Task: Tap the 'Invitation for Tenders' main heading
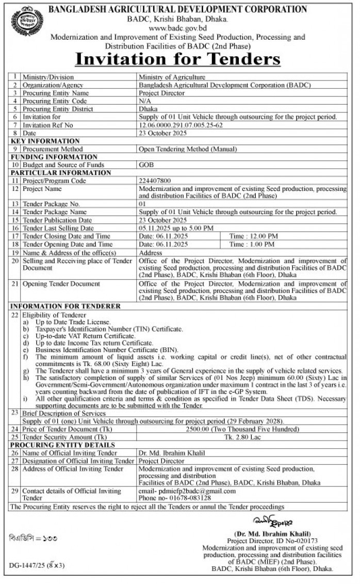click(177, 58)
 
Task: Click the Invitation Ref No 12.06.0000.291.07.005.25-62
click(185, 124)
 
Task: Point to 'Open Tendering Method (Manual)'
click(188, 149)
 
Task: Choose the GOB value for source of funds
click(146, 165)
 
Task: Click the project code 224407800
click(157, 181)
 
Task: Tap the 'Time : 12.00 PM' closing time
click(254, 236)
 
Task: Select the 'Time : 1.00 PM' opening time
click(252, 244)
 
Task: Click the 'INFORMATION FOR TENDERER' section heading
click(66, 306)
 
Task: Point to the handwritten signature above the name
click(266, 520)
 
